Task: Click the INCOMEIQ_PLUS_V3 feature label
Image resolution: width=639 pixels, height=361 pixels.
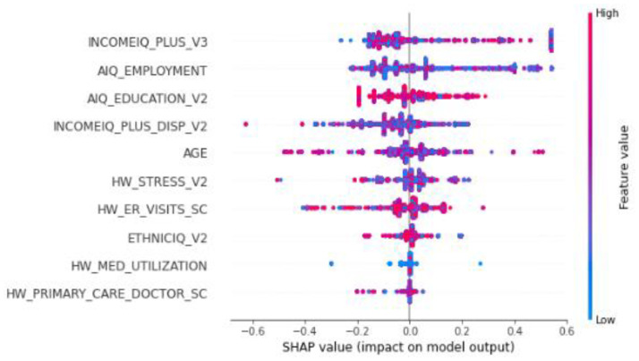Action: pyautogui.click(x=149, y=42)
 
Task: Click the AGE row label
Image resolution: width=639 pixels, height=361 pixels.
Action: pyautogui.click(x=195, y=153)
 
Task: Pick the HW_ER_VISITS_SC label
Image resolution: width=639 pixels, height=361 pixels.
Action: pyautogui.click(x=155, y=209)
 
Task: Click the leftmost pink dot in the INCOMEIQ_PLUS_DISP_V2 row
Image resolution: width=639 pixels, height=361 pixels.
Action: pyautogui.click(x=246, y=124)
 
